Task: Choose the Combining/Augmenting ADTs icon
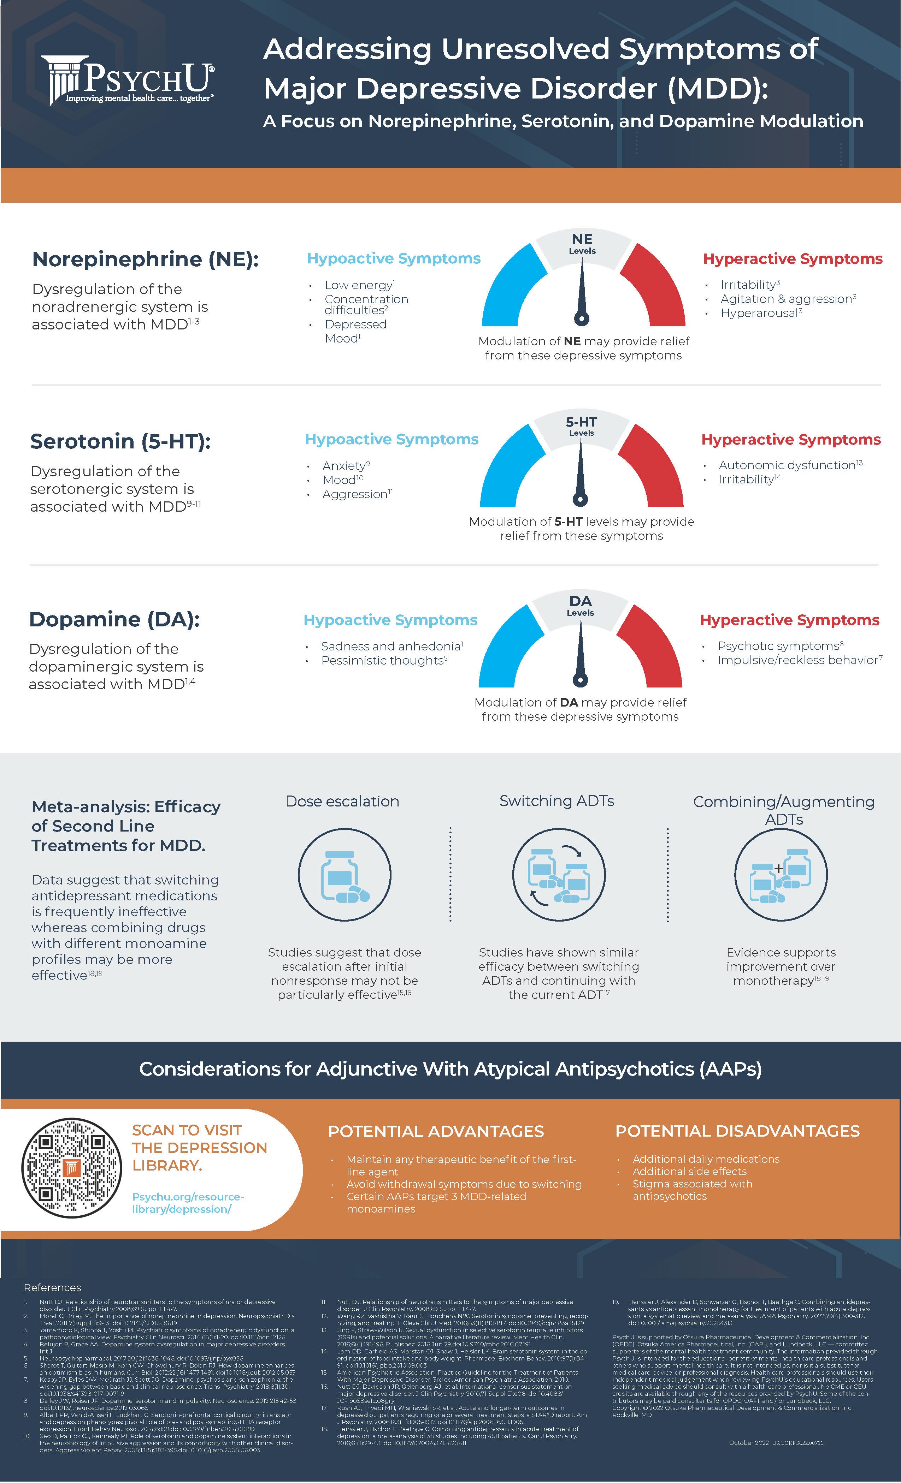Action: pyautogui.click(x=781, y=875)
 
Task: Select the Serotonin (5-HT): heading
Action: pyautogui.click(x=120, y=441)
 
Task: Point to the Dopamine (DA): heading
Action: pyautogui.click(x=114, y=619)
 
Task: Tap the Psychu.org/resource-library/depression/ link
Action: pyautogui.click(x=188, y=1203)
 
